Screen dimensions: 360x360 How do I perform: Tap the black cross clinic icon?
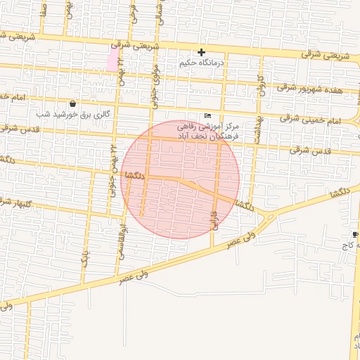pyautogui.click(x=202, y=52)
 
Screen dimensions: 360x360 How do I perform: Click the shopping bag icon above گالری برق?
pyautogui.click(x=72, y=103)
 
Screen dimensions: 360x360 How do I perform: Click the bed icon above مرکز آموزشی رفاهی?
pyautogui.click(x=207, y=115)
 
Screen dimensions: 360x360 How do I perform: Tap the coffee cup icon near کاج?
pyautogui.click(x=355, y=233)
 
